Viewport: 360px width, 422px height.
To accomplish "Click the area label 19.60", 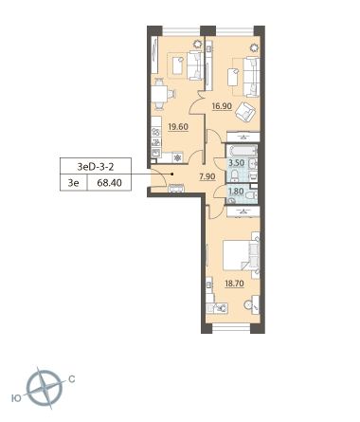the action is (178, 127).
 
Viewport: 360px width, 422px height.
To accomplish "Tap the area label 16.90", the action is (222, 106).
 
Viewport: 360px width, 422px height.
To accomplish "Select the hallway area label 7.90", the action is (207, 176).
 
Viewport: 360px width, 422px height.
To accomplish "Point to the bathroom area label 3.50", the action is (237, 163).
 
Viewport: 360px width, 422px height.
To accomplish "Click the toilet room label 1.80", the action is (236, 192).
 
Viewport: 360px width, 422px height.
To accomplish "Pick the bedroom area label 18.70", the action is (234, 284).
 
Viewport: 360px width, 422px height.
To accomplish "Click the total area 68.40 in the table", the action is (109, 183).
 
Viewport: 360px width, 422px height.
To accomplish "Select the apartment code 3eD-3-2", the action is (96, 166).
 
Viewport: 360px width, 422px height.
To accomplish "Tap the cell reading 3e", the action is (73, 183).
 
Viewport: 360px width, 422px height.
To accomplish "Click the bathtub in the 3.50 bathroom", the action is (243, 151).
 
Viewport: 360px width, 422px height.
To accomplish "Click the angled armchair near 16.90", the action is (245, 112).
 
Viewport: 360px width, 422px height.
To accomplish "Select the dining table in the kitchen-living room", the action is (161, 94).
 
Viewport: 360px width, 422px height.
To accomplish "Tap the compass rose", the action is (45, 389).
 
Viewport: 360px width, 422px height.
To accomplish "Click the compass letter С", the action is (72, 378).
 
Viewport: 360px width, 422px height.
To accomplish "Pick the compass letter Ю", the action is (16, 398).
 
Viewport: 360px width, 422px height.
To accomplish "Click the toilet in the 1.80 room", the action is (252, 195).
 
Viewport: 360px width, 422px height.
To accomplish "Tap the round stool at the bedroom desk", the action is (248, 304).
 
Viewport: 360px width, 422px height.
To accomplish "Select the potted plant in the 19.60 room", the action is (198, 44).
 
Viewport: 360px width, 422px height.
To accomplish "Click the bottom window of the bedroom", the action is (231, 328).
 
